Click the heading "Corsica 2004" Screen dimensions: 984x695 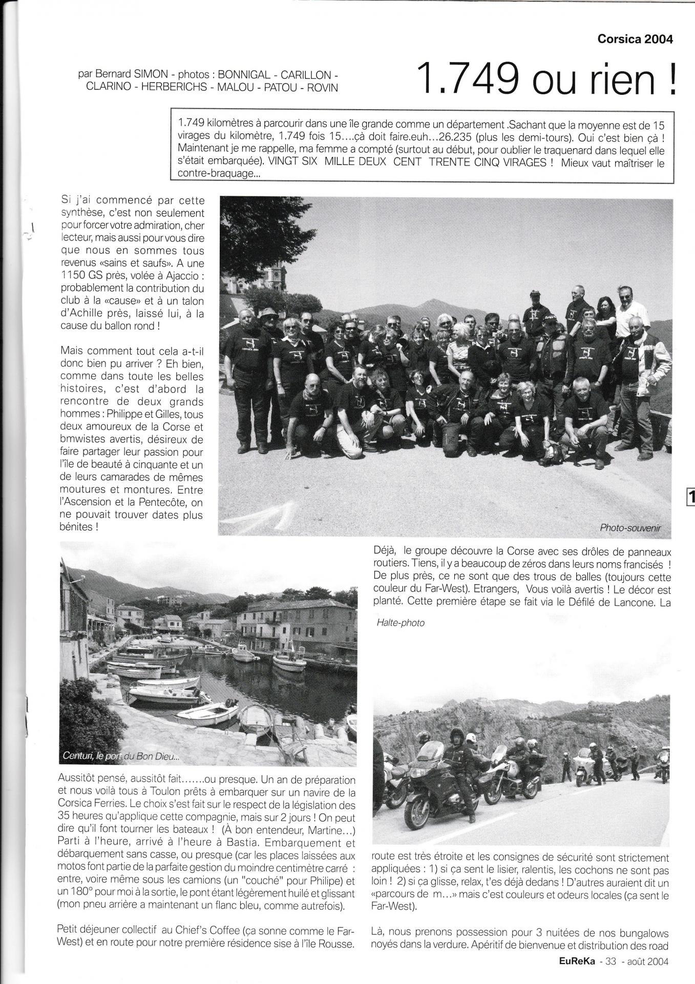coord(635,39)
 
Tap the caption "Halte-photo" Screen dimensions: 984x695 coord(399,623)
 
